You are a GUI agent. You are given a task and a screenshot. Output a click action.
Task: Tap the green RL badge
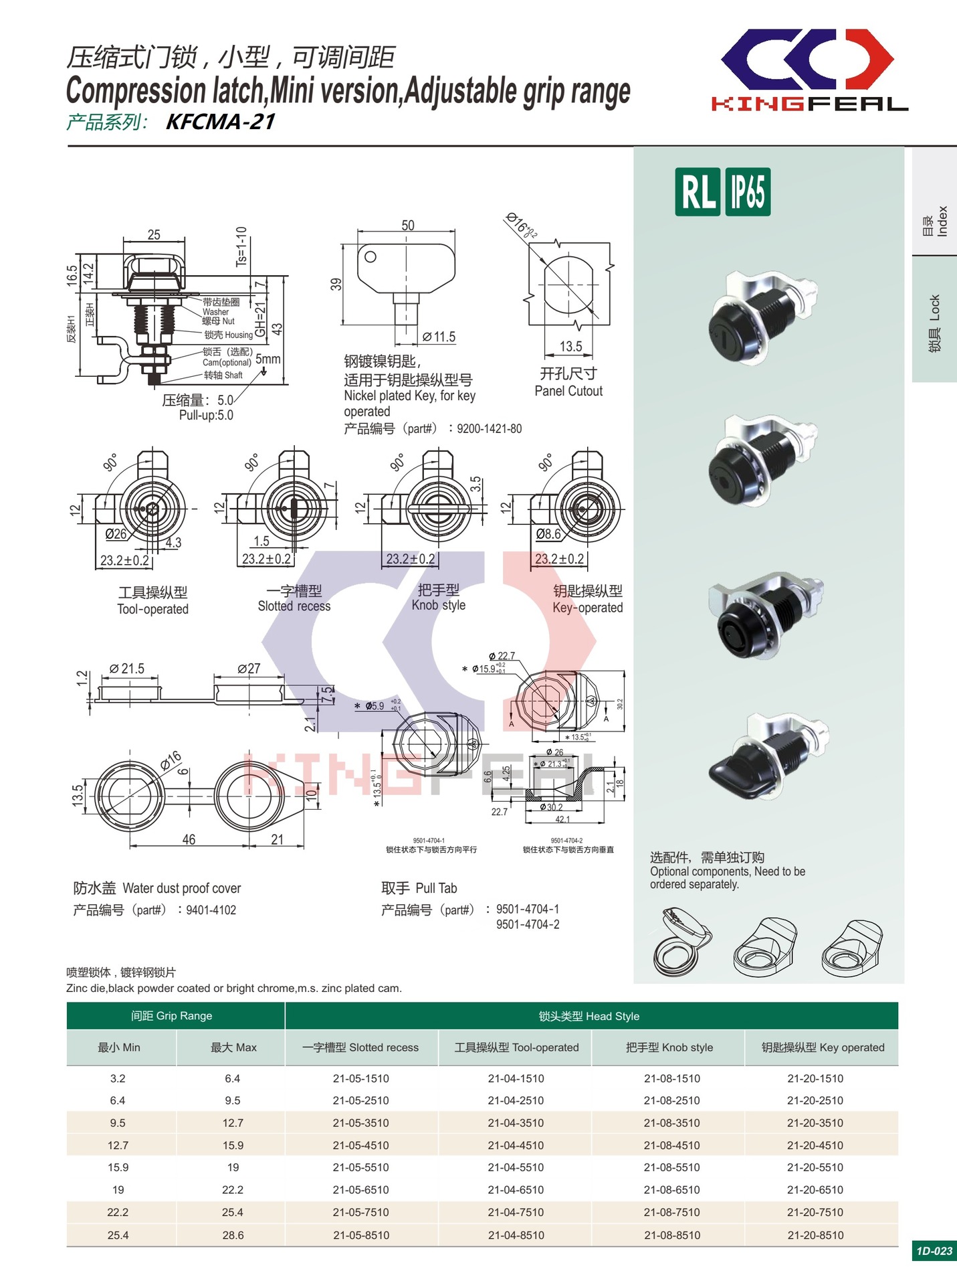tap(698, 192)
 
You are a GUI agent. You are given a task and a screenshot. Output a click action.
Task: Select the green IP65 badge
tap(747, 192)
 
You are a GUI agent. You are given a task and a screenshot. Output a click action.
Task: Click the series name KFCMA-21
tap(220, 122)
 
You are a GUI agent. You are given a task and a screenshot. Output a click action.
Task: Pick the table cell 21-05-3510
tap(360, 1123)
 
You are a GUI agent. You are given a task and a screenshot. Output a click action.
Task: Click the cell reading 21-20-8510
tap(815, 1235)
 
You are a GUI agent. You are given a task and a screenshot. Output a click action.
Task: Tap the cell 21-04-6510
tap(516, 1190)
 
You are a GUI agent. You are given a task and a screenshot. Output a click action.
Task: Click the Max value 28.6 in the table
tap(233, 1235)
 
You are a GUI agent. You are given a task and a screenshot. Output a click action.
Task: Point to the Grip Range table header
tap(172, 1016)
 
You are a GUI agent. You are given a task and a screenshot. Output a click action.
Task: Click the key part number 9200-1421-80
tap(489, 429)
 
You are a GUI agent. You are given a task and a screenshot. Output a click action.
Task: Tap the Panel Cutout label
tap(568, 391)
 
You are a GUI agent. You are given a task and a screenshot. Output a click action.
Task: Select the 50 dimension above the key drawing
tap(407, 226)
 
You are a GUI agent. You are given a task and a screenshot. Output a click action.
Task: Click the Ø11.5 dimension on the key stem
tap(439, 337)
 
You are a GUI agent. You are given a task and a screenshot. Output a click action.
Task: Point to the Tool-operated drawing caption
tap(152, 609)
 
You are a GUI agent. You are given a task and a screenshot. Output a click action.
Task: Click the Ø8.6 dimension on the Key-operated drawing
tap(548, 533)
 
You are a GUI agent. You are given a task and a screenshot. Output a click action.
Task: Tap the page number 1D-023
tap(934, 1251)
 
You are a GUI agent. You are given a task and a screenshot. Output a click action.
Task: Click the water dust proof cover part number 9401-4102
tap(211, 910)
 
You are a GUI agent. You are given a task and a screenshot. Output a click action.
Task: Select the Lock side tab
tap(934, 321)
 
